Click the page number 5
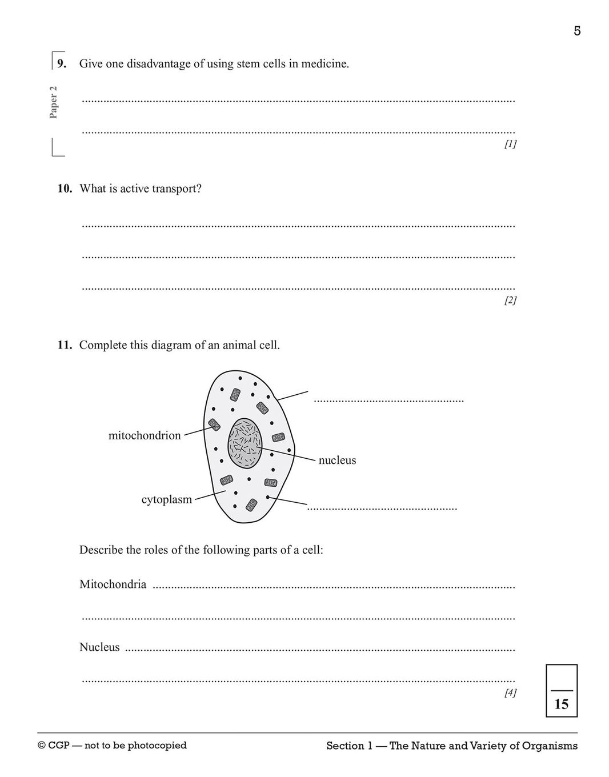pos(577,31)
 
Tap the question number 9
pos(62,63)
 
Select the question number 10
pos(65,189)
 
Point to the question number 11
pos(65,345)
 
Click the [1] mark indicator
pos(510,144)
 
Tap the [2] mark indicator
pos(510,300)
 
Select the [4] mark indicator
pos(510,692)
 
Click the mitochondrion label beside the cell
pos(145,435)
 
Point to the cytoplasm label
pos(167,499)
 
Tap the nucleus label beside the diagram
pos(337,460)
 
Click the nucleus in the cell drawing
pos(246,442)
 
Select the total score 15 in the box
pos(562,704)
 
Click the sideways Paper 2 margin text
pos(54,102)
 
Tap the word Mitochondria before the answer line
pos(113,584)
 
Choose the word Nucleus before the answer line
pos(99,647)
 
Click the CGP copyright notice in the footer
pos(112,745)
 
